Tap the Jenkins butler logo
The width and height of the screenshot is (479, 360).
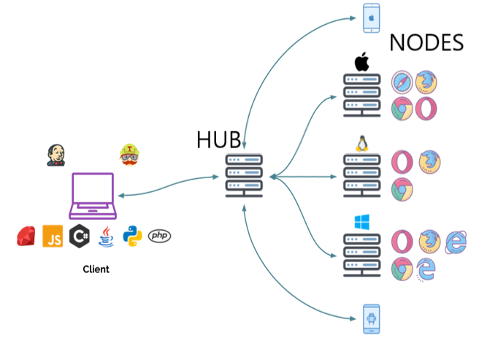pos(55,155)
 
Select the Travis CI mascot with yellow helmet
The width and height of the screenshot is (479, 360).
pos(129,155)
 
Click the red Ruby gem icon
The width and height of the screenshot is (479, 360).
pos(27,237)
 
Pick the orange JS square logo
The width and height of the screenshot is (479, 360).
pos(53,236)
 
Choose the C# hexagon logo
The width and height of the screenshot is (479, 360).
pos(79,236)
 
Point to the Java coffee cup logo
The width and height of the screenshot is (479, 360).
pos(106,237)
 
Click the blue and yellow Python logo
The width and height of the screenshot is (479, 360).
pos(133,236)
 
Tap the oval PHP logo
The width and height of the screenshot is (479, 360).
pos(160,236)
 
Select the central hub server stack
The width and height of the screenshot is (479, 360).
pos(244,175)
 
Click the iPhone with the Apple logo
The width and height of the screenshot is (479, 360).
pos(372,18)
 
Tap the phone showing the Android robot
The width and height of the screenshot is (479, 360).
pos(372,318)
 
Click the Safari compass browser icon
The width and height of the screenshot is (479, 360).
pos(402,82)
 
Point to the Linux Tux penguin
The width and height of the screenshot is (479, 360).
pos(361,144)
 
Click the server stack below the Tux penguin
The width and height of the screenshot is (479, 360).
pos(362,175)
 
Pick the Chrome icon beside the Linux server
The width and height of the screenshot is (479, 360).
pos(401,190)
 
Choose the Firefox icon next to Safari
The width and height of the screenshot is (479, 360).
pos(426,82)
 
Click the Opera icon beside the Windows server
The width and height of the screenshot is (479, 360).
pos(402,241)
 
